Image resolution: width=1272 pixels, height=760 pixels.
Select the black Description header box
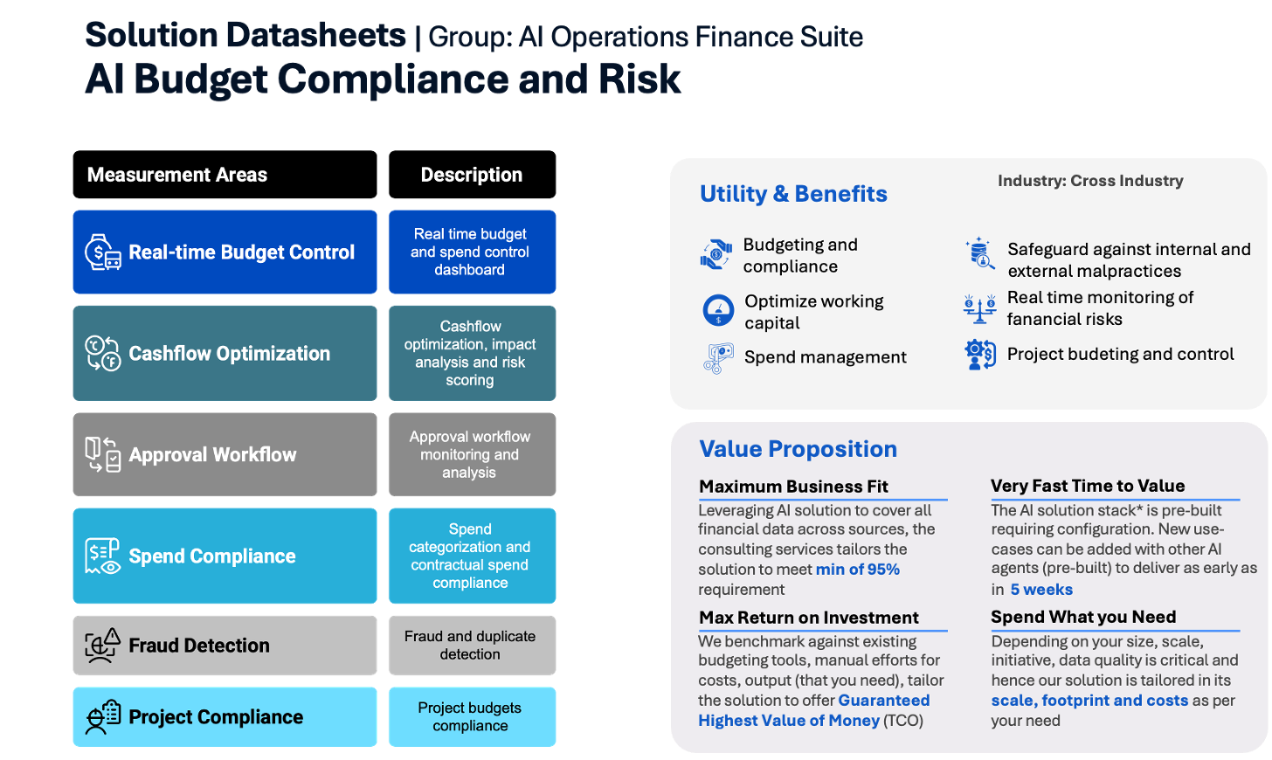472,175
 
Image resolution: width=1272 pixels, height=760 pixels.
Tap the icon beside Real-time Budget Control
103,252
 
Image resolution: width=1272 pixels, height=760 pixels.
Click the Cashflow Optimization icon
103,353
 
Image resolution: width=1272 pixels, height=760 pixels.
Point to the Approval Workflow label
212,454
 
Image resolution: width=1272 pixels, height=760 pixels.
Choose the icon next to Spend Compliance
103,556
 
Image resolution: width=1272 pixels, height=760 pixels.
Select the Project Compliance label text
216,717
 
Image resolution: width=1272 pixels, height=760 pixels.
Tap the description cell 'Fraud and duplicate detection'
472,646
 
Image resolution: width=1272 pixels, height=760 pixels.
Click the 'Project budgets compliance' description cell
472,717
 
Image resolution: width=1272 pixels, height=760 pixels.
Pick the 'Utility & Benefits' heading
793,194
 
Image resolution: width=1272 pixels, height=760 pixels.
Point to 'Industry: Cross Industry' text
1090,181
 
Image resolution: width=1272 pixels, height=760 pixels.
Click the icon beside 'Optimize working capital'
718,310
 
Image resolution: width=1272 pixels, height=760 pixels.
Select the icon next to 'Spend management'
718,358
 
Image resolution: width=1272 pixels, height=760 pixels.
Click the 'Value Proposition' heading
798,449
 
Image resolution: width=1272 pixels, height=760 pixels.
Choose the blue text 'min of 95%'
858,570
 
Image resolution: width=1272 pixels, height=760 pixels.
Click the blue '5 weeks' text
1041,590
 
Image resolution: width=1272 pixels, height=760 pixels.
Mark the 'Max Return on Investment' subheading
809,618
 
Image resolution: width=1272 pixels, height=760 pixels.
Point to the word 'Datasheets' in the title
315,35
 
